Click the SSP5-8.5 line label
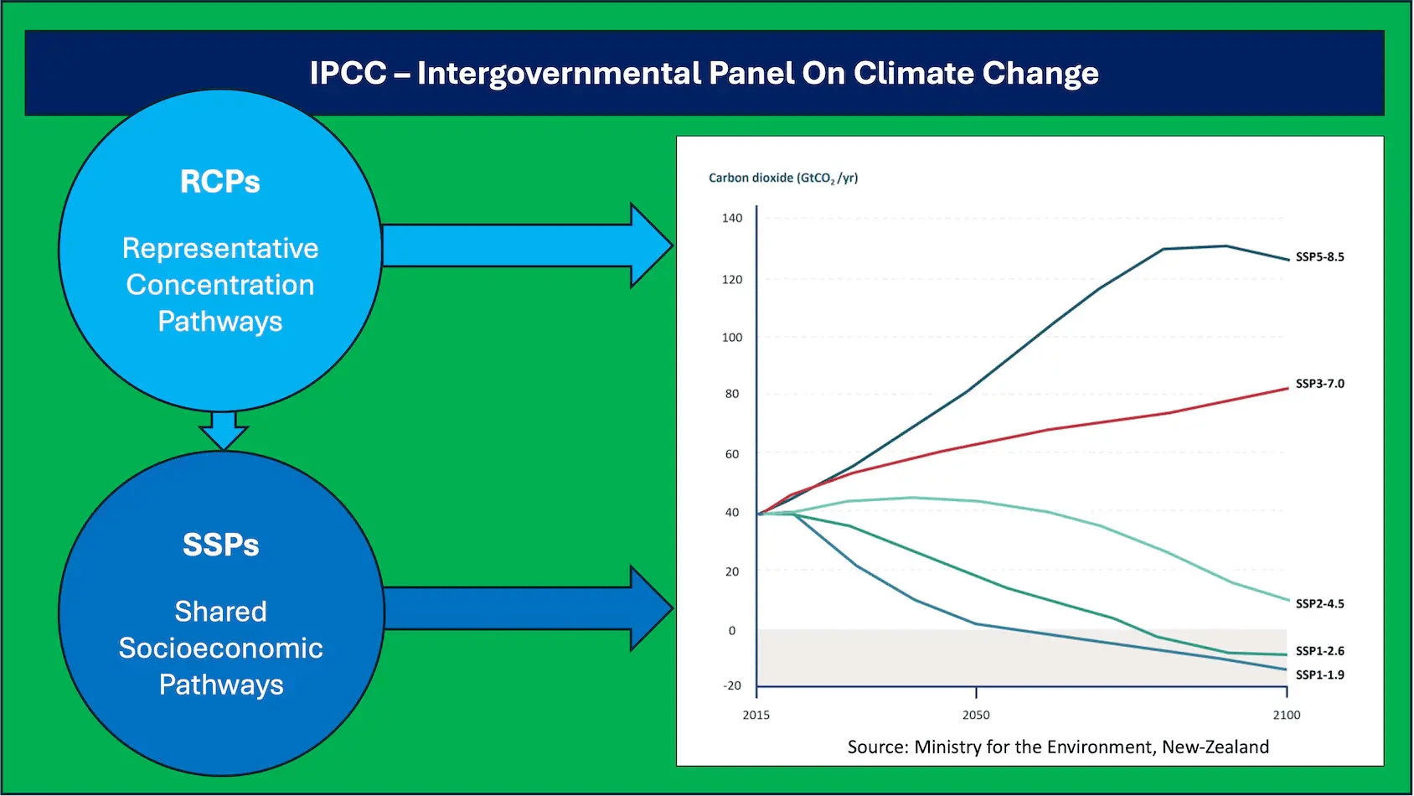(x=1319, y=257)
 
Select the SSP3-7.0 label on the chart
(x=1319, y=384)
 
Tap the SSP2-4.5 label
(x=1319, y=603)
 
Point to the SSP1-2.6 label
(x=1319, y=651)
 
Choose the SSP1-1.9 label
(x=1319, y=675)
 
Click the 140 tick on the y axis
(x=731, y=218)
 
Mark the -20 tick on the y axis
(x=731, y=685)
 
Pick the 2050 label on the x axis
(x=976, y=715)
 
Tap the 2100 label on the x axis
(x=1287, y=715)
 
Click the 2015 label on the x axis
(x=756, y=715)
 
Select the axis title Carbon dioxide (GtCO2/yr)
(x=783, y=178)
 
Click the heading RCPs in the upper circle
(x=219, y=182)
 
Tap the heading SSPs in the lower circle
(x=221, y=545)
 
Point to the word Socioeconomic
(x=220, y=648)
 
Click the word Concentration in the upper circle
(x=220, y=285)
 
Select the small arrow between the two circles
(x=223, y=429)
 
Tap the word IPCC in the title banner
(x=348, y=73)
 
